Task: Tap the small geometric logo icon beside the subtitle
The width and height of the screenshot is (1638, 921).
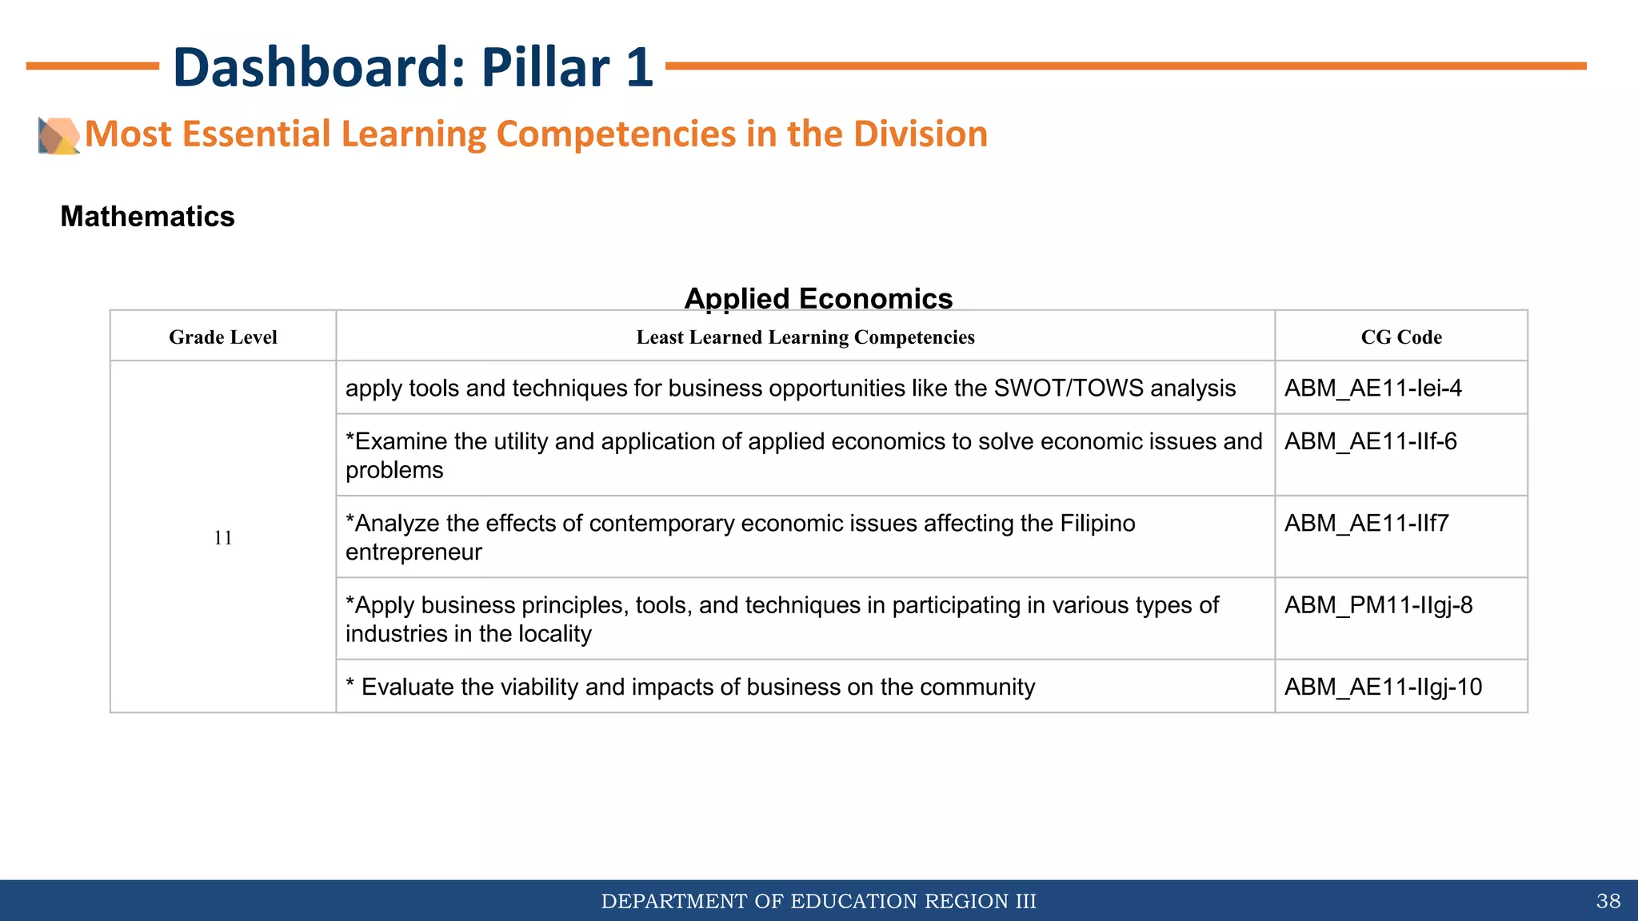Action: (58, 135)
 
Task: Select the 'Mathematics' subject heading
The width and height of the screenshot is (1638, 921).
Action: (147, 217)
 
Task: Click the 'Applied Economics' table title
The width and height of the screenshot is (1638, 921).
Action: (818, 298)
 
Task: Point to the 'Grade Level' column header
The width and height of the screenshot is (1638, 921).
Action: (223, 337)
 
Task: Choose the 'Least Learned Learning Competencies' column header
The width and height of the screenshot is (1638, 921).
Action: (805, 337)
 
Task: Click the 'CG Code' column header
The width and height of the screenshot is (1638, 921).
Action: (1401, 337)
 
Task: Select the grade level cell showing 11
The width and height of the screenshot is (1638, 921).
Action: (223, 537)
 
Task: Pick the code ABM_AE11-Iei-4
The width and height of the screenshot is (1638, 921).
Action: (1372, 389)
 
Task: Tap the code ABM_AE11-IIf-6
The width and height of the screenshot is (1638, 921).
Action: (1370, 441)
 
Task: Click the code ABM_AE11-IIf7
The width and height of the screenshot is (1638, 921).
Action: (1366, 524)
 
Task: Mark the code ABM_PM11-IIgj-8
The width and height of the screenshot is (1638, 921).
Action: (1378, 605)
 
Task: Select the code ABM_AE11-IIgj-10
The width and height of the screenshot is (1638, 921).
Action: (1383, 688)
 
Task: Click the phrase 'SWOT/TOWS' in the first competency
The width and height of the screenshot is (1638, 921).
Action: (1069, 389)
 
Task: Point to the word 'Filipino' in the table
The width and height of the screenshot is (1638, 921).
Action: (1097, 524)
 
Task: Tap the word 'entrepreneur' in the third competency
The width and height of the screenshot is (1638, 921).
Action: (413, 552)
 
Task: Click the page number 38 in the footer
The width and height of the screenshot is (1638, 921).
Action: (1608, 902)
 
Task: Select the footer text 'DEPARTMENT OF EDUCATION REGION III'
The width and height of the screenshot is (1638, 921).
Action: (818, 902)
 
